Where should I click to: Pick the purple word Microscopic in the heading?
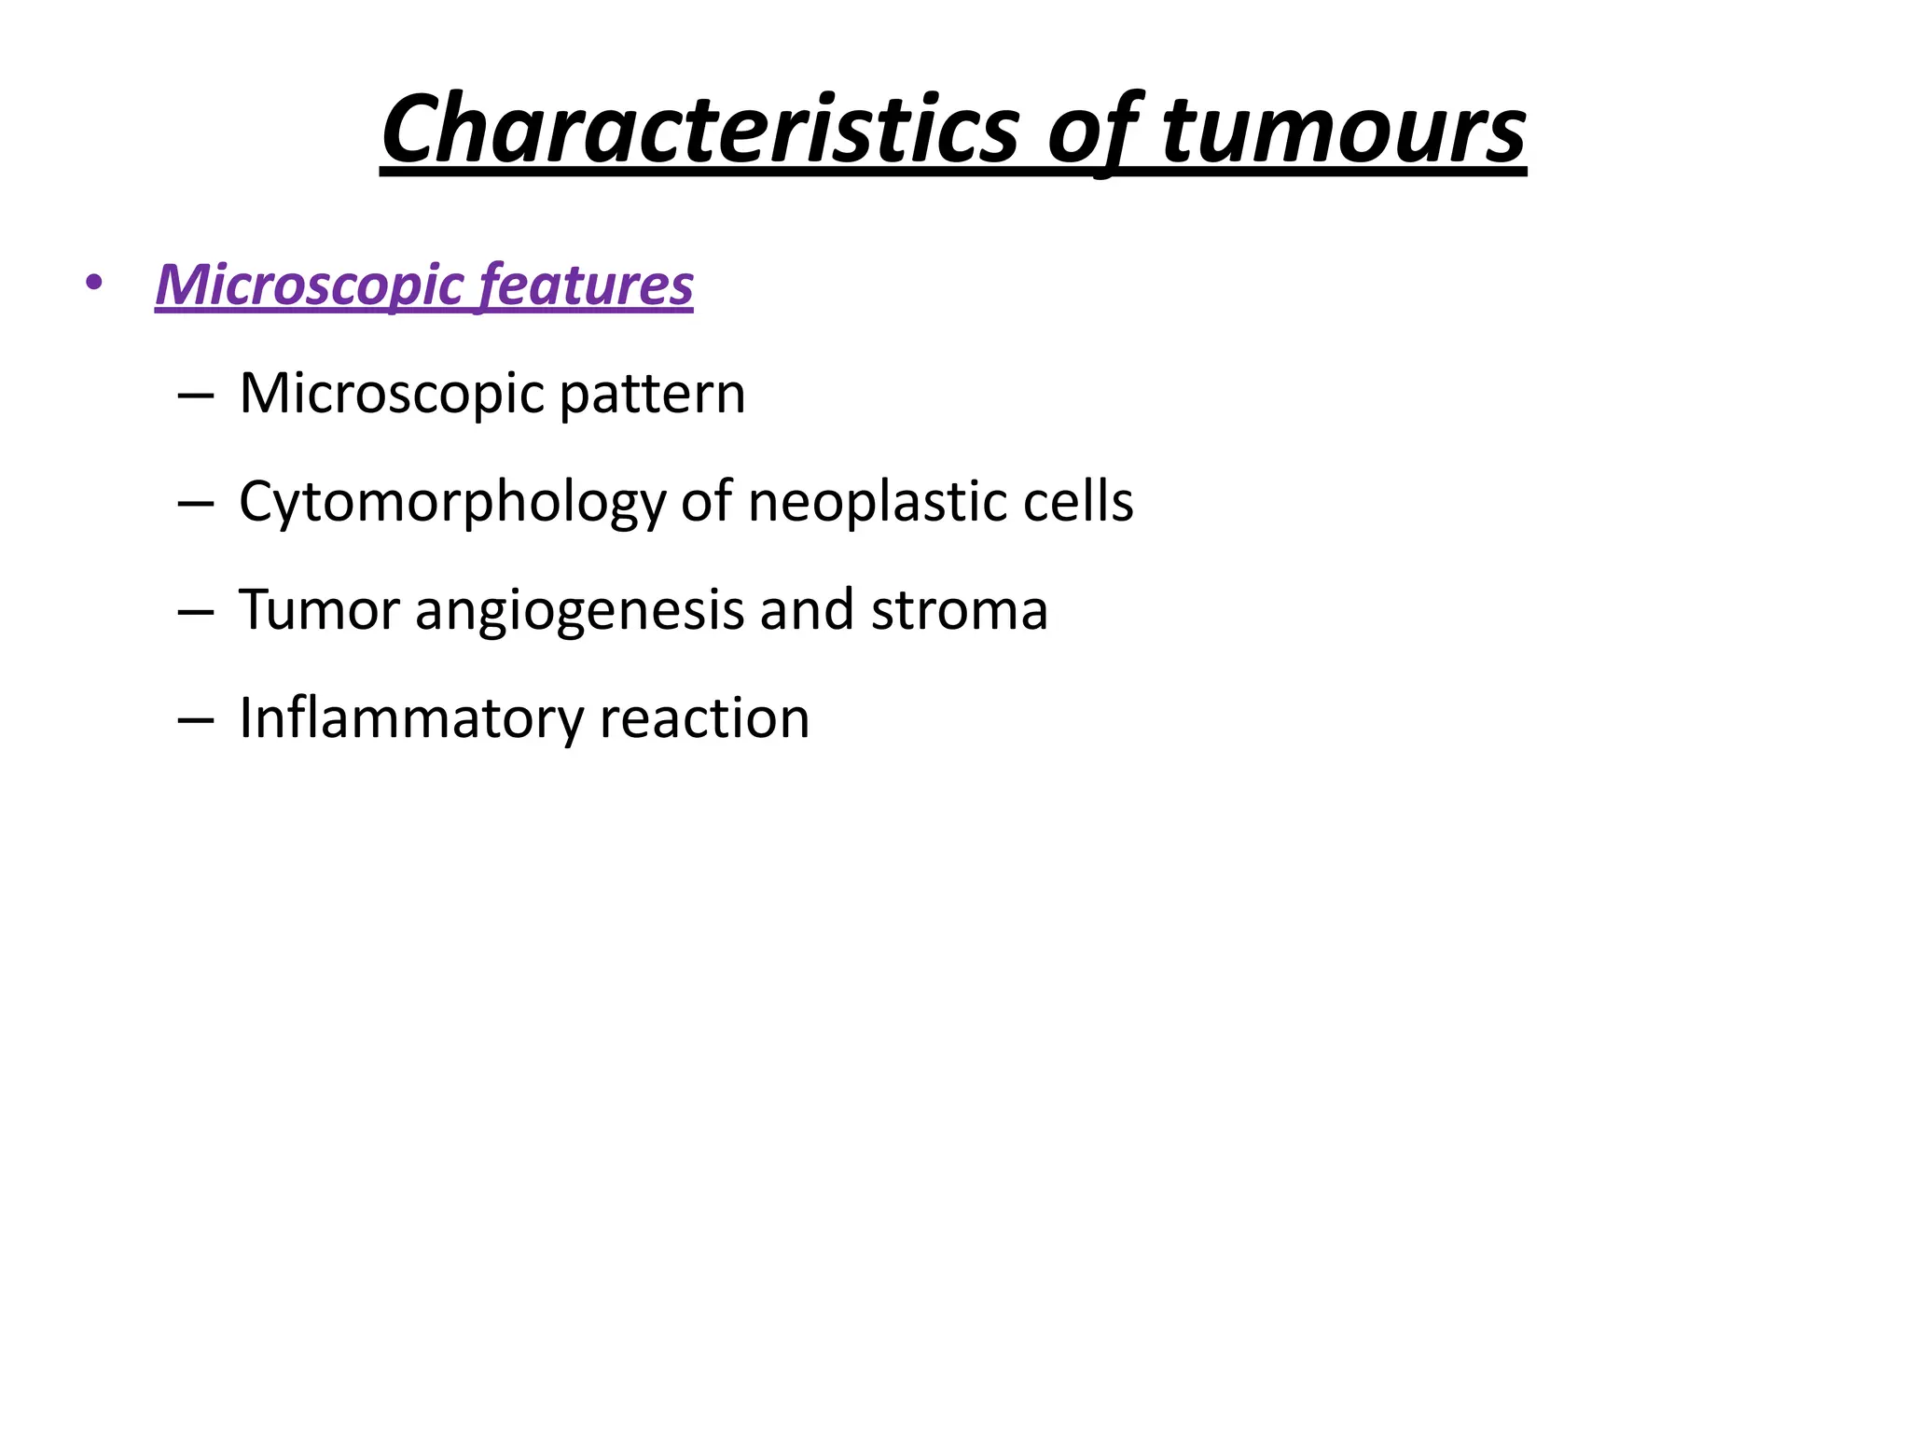pyautogui.click(x=309, y=285)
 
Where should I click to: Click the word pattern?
pyautogui.click(x=652, y=395)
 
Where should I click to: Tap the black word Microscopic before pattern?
pyautogui.click(x=392, y=395)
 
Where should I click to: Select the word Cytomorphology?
pyautogui.click(x=452, y=503)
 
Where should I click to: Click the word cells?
pyautogui.click(x=1078, y=503)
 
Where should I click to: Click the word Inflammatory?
pyautogui.click(x=410, y=719)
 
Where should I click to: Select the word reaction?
pyautogui.click(x=704, y=719)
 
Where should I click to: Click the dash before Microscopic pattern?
pyautogui.click(x=194, y=397)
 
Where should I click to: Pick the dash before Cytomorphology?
pyautogui.click(x=194, y=505)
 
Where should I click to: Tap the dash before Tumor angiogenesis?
pyautogui.click(x=194, y=613)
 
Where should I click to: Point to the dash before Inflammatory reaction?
pyautogui.click(x=194, y=721)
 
